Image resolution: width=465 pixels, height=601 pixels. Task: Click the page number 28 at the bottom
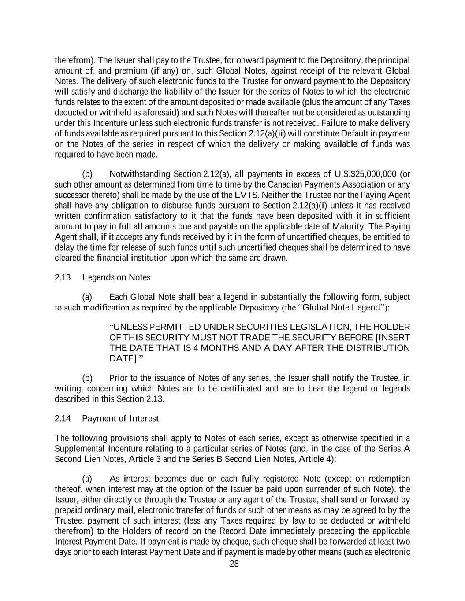click(x=234, y=564)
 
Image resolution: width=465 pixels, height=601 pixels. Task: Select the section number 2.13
click(x=63, y=277)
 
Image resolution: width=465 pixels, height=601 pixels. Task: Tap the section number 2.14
click(x=63, y=418)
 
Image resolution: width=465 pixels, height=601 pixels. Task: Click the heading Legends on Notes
click(x=116, y=277)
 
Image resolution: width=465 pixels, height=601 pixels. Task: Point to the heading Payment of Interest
click(x=120, y=418)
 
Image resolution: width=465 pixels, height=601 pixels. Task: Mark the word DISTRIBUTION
click(x=380, y=348)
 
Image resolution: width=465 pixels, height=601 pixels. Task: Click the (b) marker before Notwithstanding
click(x=87, y=174)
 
